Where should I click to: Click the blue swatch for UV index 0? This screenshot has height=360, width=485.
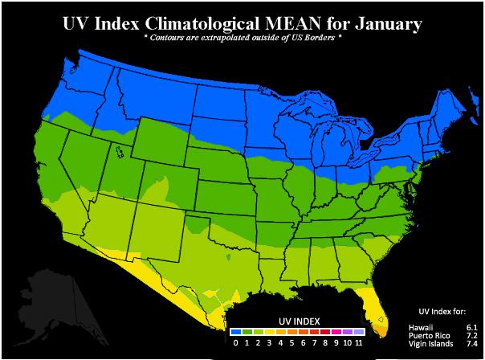235,330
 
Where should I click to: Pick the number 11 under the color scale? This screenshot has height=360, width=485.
358,342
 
